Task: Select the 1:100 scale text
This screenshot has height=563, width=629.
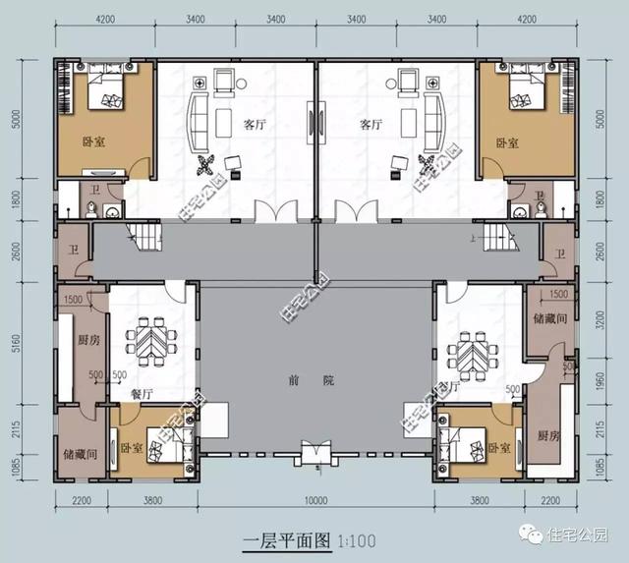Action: [x=355, y=540]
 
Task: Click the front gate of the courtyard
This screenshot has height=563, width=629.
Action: [x=315, y=454]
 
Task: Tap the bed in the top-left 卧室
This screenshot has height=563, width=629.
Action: [x=108, y=96]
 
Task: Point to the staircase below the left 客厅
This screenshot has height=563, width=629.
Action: [x=145, y=236]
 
